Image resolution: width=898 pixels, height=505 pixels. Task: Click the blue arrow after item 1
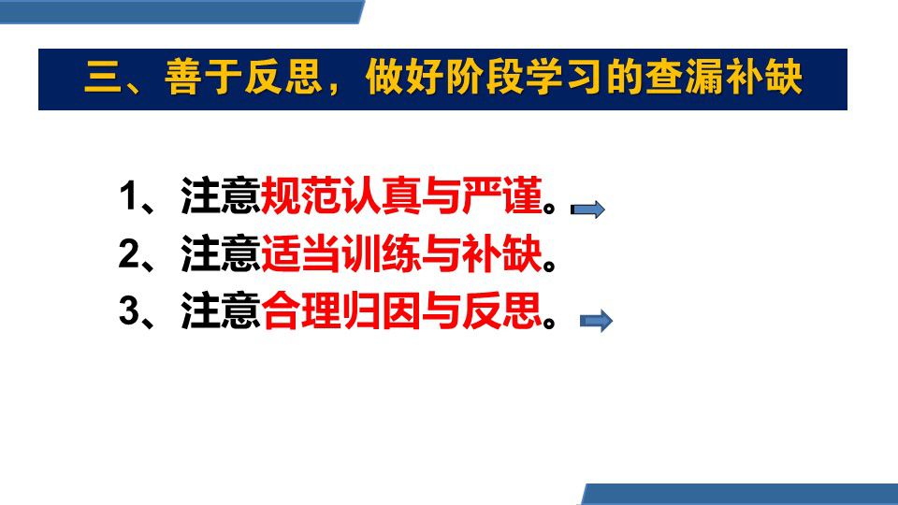click(x=587, y=209)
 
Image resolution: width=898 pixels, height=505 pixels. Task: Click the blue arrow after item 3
click(x=596, y=321)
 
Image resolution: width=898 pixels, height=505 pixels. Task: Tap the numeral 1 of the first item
click(x=128, y=196)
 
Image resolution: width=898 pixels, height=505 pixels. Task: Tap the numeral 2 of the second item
click(x=128, y=253)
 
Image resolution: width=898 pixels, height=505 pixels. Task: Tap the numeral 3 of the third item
click(x=128, y=310)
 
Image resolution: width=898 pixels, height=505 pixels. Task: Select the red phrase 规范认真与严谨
click(x=401, y=195)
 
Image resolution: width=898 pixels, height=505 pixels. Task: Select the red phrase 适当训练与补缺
click(x=401, y=253)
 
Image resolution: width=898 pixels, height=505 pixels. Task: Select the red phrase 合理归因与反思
click(x=401, y=310)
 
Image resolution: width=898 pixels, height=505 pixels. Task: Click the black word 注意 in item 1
click(x=221, y=195)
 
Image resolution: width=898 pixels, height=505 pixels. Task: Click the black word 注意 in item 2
click(x=221, y=253)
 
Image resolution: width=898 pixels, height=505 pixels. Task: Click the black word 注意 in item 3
click(x=221, y=310)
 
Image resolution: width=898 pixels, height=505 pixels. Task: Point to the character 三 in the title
click(x=103, y=78)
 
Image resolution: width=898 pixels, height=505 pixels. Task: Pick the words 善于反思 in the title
click(x=243, y=78)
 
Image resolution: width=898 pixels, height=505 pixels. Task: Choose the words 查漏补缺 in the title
click(x=724, y=78)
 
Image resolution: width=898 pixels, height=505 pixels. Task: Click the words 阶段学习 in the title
click(x=525, y=78)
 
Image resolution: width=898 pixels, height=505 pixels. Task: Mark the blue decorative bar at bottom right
click(x=739, y=494)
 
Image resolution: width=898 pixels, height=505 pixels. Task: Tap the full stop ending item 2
click(x=549, y=265)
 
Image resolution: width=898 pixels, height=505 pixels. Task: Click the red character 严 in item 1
click(x=483, y=195)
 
